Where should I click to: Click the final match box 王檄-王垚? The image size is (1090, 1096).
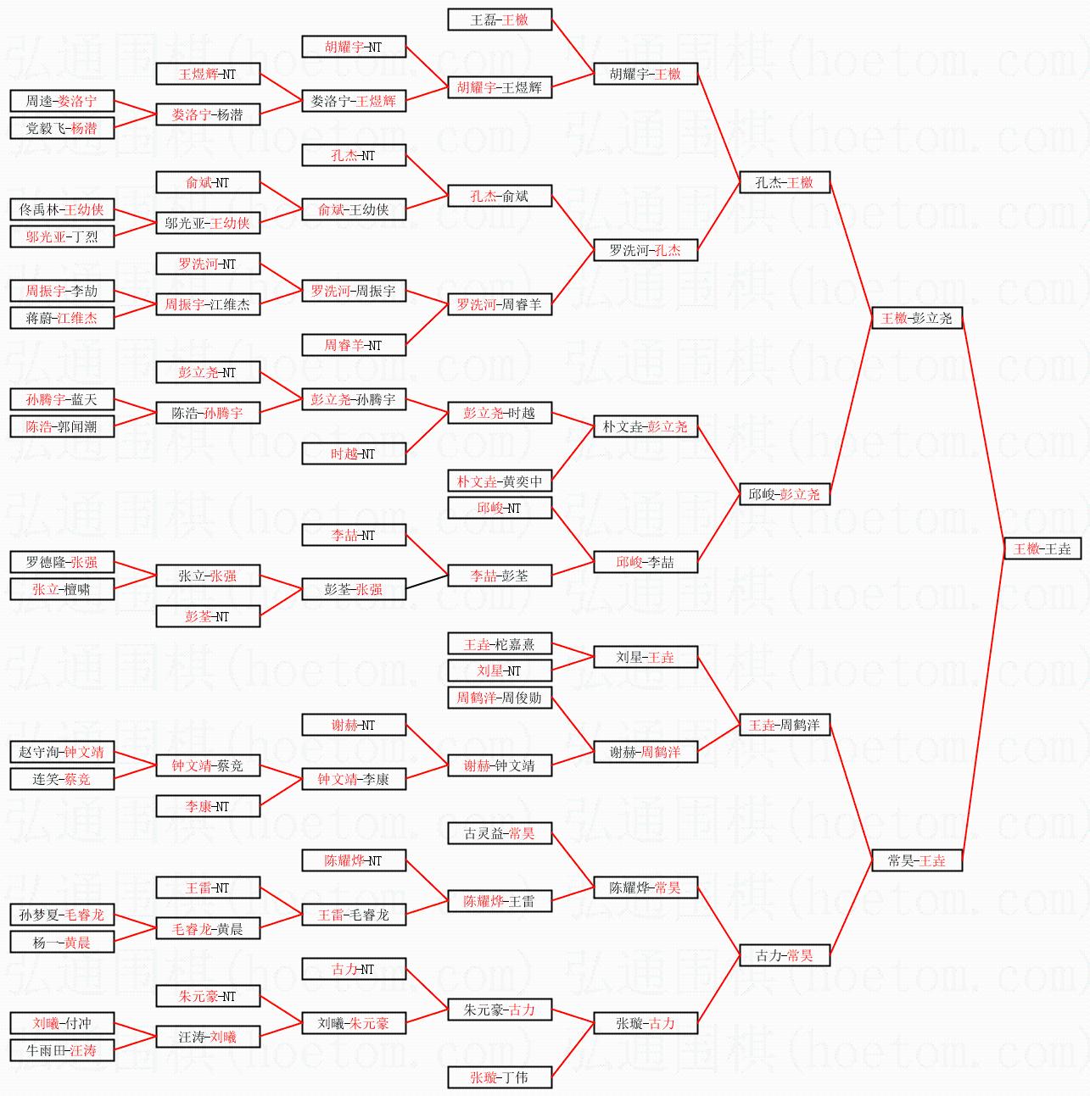[x=1042, y=548]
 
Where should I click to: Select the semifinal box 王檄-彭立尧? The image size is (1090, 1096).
[x=917, y=318]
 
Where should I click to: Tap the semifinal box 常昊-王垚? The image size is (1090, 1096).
[x=917, y=860]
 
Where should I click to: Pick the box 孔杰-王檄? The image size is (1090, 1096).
[x=785, y=182]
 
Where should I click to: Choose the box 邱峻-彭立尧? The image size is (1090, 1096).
[x=785, y=494]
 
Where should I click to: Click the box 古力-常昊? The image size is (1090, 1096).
[x=785, y=955]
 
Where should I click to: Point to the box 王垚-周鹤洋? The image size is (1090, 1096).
[x=785, y=725]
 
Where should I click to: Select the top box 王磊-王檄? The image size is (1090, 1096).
[x=500, y=19]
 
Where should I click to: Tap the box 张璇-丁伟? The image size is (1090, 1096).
[x=500, y=1077]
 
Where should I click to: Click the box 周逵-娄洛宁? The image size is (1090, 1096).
[x=62, y=101]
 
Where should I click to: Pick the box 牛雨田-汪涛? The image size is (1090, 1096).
[x=62, y=1050]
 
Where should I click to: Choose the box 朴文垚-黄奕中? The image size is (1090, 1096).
[x=500, y=481]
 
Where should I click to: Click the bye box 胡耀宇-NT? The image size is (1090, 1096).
[x=354, y=47]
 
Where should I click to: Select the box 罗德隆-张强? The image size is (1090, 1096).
[x=62, y=562]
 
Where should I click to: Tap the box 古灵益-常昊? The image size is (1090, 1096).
[x=500, y=833]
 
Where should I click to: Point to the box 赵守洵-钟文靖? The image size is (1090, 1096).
[x=62, y=752]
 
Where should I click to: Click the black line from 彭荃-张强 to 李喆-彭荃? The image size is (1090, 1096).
[x=427, y=582]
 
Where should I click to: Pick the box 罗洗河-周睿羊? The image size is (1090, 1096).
[x=500, y=304]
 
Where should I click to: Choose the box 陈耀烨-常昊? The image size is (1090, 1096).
[x=646, y=887]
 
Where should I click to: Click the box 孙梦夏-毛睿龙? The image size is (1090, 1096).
[x=62, y=915]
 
